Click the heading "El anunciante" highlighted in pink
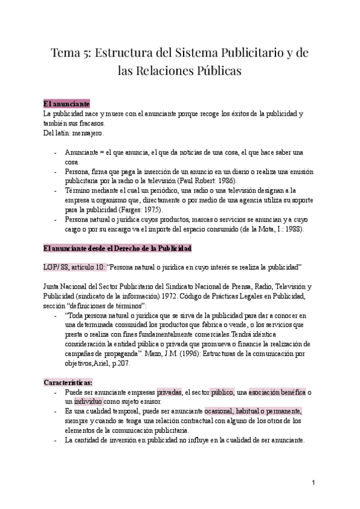pyautogui.click(x=67, y=104)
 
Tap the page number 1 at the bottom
pyautogui.click(x=314, y=483)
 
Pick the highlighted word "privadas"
pyautogui.click(x=169, y=392)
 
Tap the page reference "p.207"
pyautogui.click(x=133, y=363)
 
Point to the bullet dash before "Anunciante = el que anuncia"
pyautogui.click(x=56, y=152)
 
